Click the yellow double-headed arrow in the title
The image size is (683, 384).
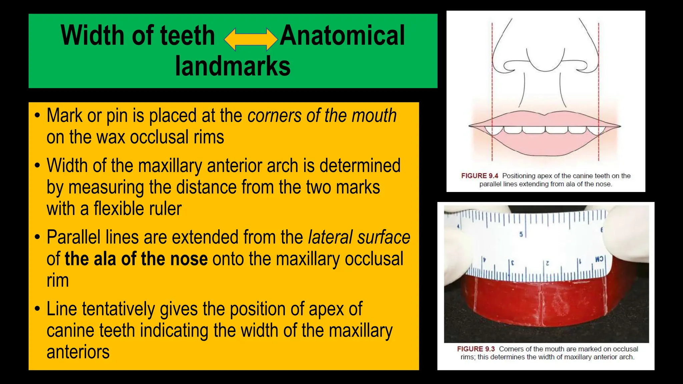(251, 39)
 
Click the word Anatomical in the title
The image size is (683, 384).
(342, 36)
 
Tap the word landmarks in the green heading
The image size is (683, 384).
(233, 66)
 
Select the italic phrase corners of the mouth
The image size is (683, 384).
(322, 116)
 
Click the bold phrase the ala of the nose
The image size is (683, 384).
(136, 259)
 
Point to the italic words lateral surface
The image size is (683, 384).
(359, 237)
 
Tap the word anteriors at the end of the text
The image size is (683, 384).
(78, 352)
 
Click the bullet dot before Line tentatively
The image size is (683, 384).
(37, 308)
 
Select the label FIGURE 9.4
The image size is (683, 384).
(479, 176)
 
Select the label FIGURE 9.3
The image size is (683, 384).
(476, 349)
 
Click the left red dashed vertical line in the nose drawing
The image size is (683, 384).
(492, 90)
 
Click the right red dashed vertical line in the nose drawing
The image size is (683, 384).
(599, 90)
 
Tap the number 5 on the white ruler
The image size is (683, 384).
(521, 234)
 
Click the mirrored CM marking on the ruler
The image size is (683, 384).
(599, 259)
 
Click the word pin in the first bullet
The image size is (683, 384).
(117, 116)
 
